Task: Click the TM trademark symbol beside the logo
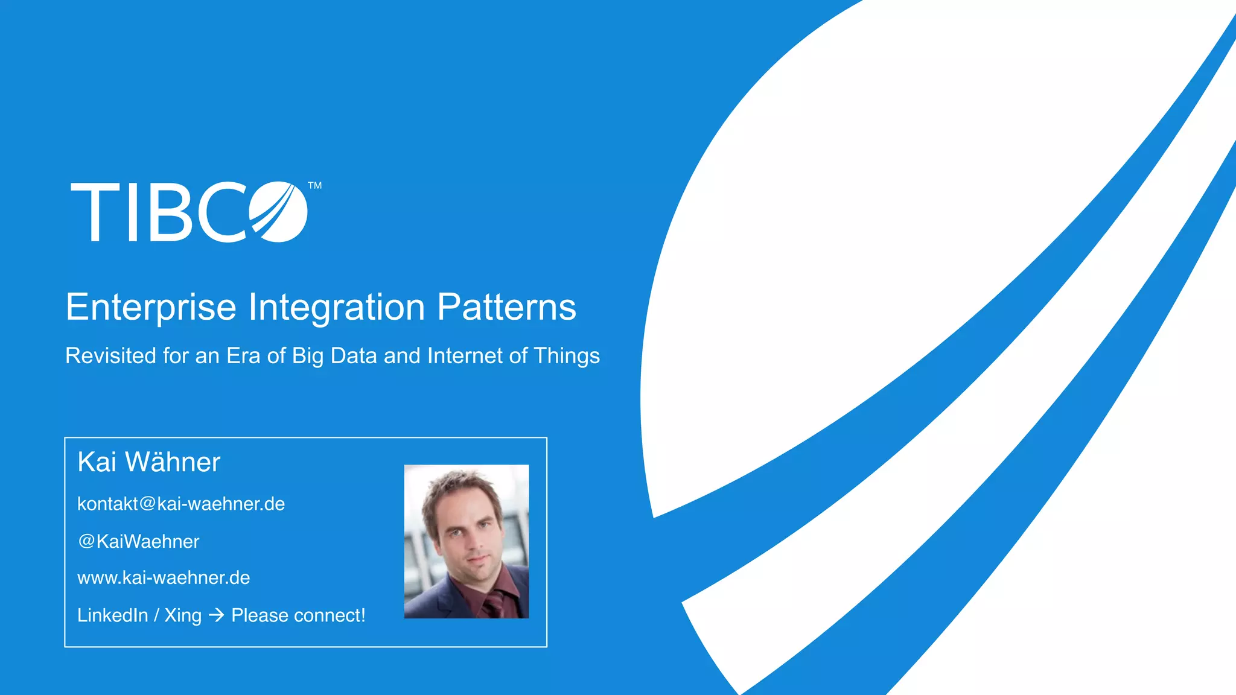click(314, 186)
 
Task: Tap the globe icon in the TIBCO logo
click(278, 212)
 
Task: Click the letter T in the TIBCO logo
click(95, 212)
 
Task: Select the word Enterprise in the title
click(151, 307)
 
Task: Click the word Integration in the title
click(337, 307)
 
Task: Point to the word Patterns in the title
click(506, 307)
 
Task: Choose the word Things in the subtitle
click(567, 356)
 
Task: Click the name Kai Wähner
click(148, 462)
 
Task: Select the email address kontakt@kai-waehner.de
click(181, 504)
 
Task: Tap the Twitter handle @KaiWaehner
click(139, 541)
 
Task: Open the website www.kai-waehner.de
click(164, 578)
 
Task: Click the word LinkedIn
click(113, 615)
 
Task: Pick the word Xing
click(183, 615)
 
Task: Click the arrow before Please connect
click(216, 615)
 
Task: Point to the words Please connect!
click(298, 615)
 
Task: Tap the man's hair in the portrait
click(462, 486)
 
